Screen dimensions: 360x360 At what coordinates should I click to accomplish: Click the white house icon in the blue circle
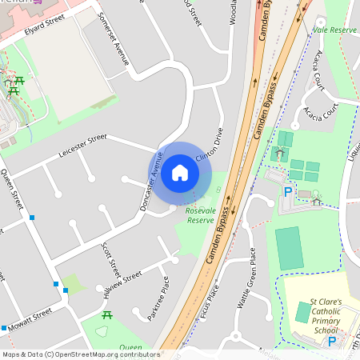tap(180, 172)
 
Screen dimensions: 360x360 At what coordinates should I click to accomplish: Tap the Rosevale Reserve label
tap(200, 215)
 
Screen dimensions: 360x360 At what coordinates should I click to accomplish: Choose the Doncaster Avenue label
tap(150, 182)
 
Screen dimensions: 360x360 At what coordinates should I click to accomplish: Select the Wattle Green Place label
tap(246, 279)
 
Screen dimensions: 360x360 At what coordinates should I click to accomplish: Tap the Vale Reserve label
tap(334, 30)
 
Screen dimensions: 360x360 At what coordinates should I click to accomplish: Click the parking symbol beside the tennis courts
tap(287, 191)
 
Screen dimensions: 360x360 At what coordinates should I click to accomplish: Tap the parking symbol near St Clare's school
tap(332, 342)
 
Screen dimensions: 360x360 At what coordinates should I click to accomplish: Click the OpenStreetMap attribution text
tap(80, 354)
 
